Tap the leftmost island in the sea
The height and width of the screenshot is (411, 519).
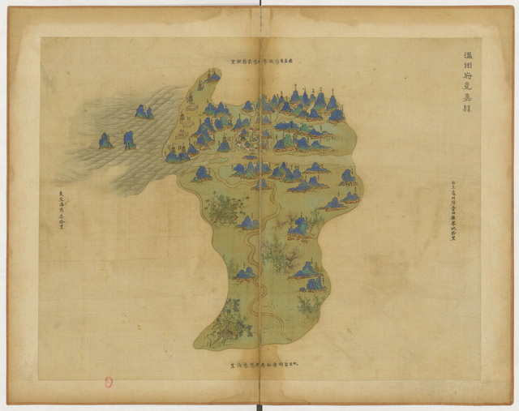tap(105, 141)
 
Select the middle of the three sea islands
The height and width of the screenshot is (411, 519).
tap(129, 139)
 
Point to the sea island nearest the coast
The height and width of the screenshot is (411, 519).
tap(144, 112)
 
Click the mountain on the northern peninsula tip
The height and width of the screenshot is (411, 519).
tap(212, 76)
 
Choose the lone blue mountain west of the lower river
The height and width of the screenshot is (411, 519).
tap(244, 274)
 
